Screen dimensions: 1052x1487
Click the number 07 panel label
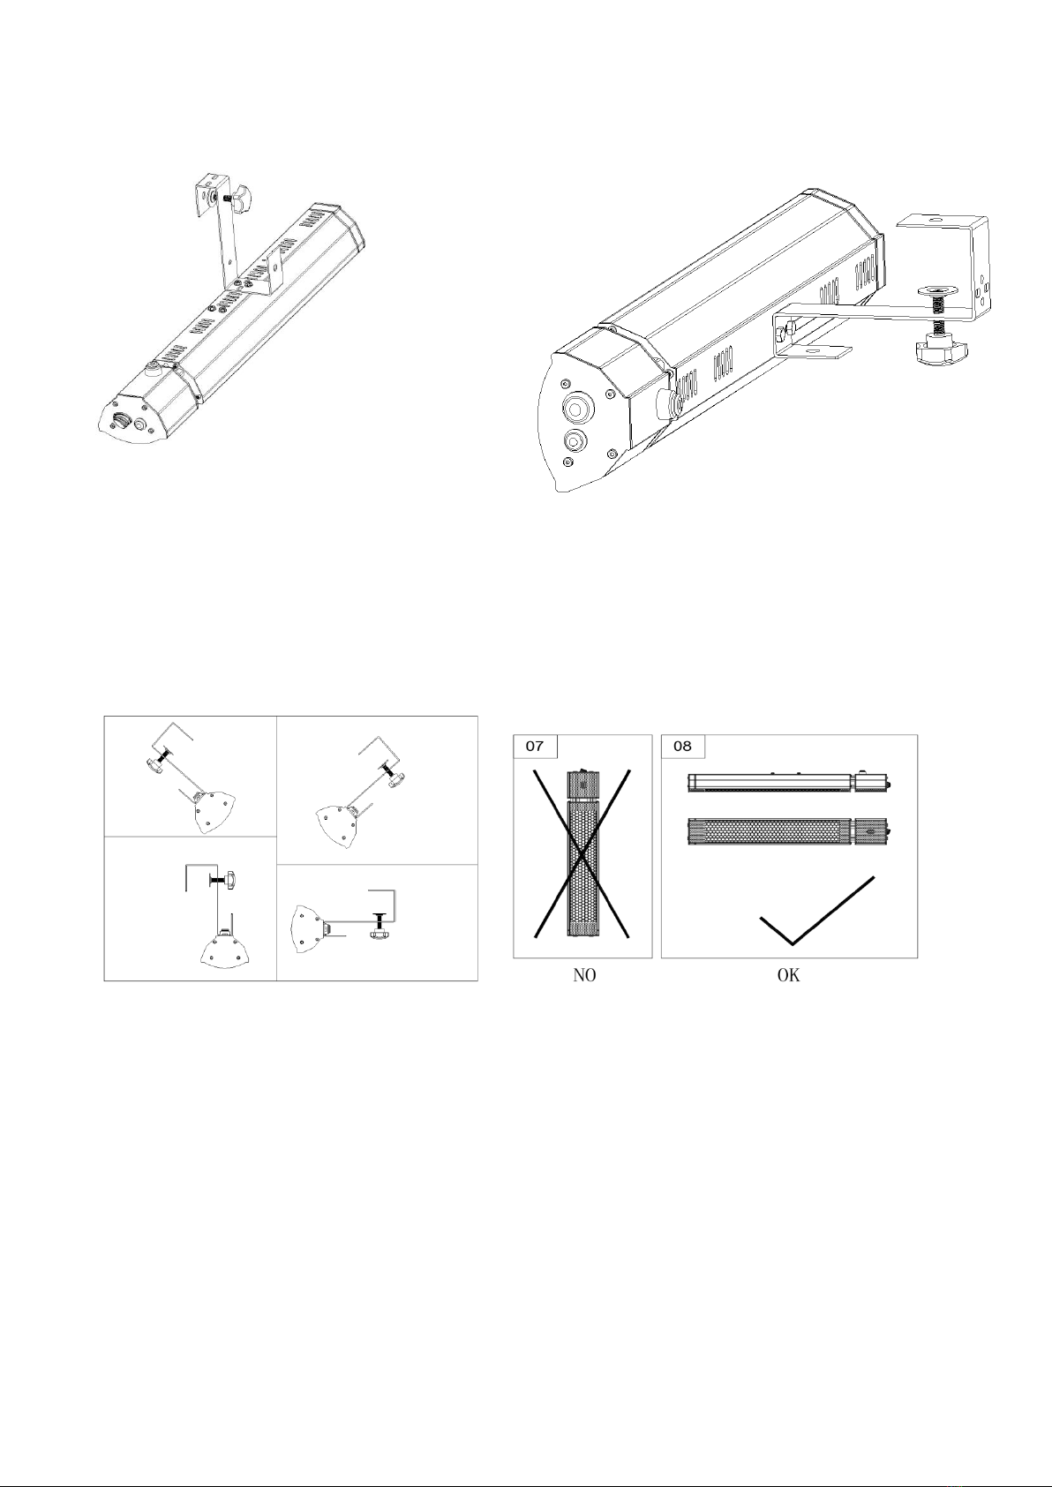tap(534, 747)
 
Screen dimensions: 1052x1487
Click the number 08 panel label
tap(682, 747)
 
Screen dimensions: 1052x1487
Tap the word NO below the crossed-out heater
tap(584, 975)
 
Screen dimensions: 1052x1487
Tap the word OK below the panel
tap(788, 975)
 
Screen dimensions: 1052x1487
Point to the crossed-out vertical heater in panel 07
tap(582, 853)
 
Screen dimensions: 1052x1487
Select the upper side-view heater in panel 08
tap(789, 781)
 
